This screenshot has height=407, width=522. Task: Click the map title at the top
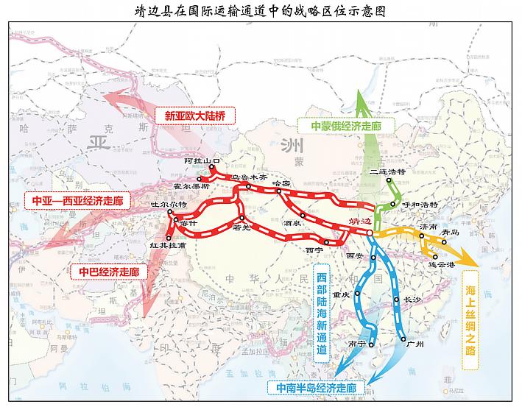pos(261,11)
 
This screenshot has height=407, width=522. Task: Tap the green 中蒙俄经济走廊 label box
pos(346,125)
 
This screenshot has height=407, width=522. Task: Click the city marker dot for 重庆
pos(356,292)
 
